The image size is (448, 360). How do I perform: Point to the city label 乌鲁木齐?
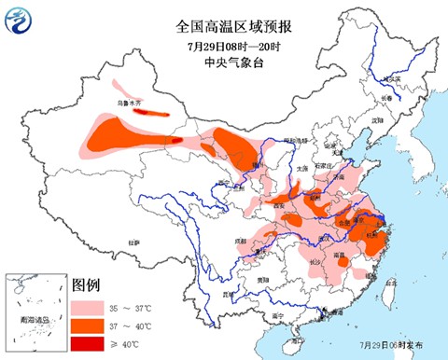132,103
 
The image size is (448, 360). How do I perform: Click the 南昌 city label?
342,252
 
